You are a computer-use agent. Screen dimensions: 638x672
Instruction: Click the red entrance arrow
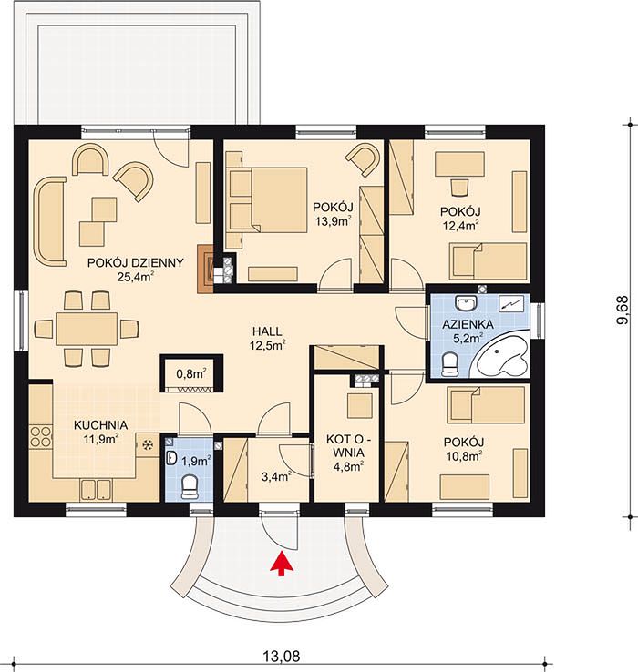coord(282,564)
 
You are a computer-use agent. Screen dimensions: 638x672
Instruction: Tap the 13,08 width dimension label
coord(282,656)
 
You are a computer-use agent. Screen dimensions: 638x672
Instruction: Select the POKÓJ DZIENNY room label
coord(136,263)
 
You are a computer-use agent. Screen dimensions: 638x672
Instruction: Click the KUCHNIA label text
coord(101,425)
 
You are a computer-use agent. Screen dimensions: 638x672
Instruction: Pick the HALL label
coord(267,331)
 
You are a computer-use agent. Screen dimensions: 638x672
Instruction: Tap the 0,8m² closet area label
coord(191,373)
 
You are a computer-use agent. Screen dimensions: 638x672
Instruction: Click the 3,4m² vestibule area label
coord(277,475)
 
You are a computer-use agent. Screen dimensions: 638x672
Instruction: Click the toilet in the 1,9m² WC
coord(190,487)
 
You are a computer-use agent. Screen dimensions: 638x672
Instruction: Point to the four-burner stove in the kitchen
coord(40,436)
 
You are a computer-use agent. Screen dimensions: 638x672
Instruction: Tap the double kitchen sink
coord(96,489)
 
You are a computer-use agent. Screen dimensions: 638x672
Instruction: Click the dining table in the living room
coord(87,329)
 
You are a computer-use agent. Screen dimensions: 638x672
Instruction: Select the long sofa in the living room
coord(49,221)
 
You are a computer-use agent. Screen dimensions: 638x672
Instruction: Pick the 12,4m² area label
coord(460,226)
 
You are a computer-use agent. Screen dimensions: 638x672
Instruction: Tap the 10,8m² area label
coord(464,456)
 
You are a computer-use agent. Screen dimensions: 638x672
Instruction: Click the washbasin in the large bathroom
coord(466,303)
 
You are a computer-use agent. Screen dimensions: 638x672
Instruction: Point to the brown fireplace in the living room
coord(205,269)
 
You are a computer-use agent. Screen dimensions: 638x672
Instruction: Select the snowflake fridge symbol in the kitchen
coord(148,445)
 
